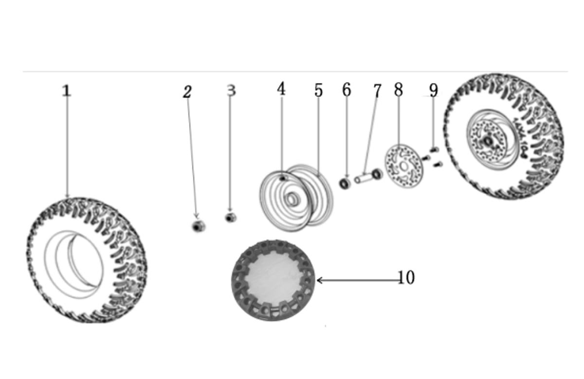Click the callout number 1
(x=66, y=90)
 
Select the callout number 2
(x=187, y=92)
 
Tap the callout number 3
(x=231, y=90)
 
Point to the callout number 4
(x=281, y=89)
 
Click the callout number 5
(x=318, y=90)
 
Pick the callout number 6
(x=347, y=90)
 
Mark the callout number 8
(x=399, y=90)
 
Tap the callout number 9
(x=434, y=90)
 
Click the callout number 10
(x=406, y=277)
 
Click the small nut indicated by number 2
(x=199, y=226)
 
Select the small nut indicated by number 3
(x=231, y=218)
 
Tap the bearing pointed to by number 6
(x=345, y=184)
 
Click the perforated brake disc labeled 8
(x=403, y=166)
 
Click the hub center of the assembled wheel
(x=488, y=141)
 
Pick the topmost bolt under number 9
(x=434, y=150)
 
